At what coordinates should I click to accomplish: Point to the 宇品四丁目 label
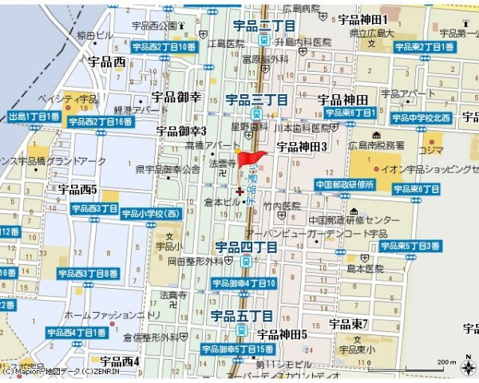click(246, 247)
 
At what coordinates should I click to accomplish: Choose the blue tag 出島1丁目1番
click(34, 116)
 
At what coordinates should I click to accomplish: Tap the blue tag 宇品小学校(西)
click(150, 214)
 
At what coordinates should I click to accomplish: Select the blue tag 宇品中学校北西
click(421, 118)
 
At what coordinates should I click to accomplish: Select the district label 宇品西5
click(77, 190)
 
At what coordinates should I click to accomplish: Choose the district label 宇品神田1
click(362, 19)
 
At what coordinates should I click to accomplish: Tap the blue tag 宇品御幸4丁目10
click(244, 283)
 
